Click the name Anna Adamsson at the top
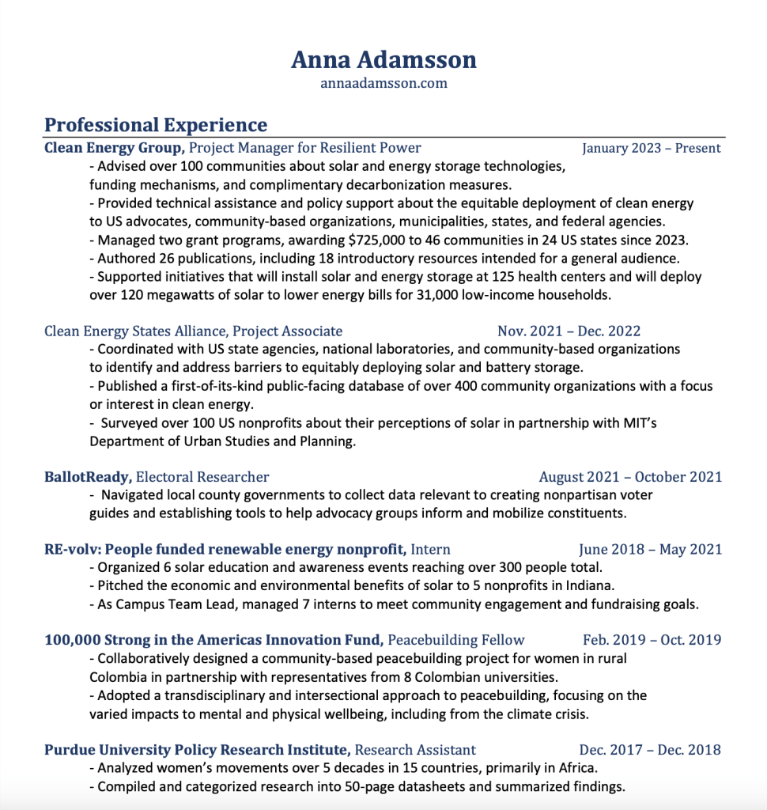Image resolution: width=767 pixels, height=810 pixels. coord(383,59)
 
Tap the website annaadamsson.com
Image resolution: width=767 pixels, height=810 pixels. coord(383,83)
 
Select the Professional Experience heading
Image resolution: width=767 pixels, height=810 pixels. coord(156,125)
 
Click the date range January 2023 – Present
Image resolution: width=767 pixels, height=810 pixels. coord(652,148)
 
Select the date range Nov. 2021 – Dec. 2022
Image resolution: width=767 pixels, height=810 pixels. coord(569,331)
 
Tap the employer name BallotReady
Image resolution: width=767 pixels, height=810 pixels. coord(88,476)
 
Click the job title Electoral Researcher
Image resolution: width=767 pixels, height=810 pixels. coord(202,476)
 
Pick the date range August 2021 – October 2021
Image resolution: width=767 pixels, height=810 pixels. coord(630,476)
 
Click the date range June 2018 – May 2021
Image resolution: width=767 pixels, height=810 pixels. coord(650,549)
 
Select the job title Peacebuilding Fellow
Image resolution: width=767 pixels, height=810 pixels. coord(456,639)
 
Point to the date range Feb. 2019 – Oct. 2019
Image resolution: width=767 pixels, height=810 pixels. coord(652,639)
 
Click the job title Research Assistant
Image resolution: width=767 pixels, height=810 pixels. coord(415,749)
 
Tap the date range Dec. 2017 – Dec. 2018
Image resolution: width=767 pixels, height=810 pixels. coord(650,749)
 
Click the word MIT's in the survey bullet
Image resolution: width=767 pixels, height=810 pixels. coord(638,423)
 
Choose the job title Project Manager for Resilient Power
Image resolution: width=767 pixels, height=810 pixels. coord(305,148)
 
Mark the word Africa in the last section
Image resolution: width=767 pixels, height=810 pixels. coord(576,768)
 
